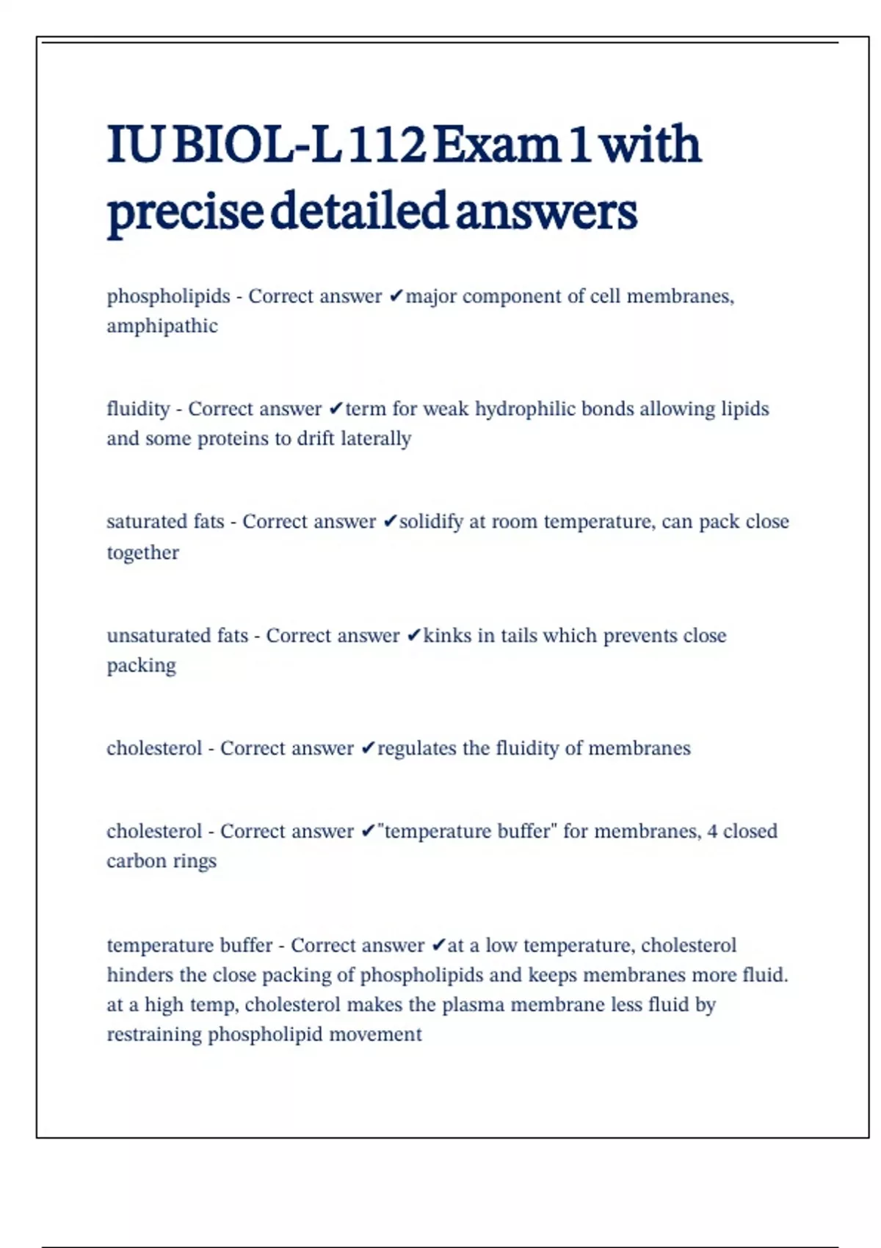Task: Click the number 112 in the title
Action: pyautogui.click(x=386, y=145)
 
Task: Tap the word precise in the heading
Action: pyautogui.click(x=184, y=211)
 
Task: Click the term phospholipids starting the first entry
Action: pyautogui.click(x=168, y=297)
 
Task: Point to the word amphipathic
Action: pyautogui.click(x=162, y=326)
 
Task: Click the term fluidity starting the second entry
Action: pyautogui.click(x=138, y=409)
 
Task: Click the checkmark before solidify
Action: pyautogui.click(x=391, y=522)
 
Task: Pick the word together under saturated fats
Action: pyautogui.click(x=142, y=552)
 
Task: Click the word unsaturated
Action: pyautogui.click(x=148, y=636)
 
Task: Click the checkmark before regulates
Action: pyautogui.click(x=369, y=749)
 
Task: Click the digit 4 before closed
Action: pyautogui.click(x=712, y=832)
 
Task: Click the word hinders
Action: pyautogui.click(x=140, y=975)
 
